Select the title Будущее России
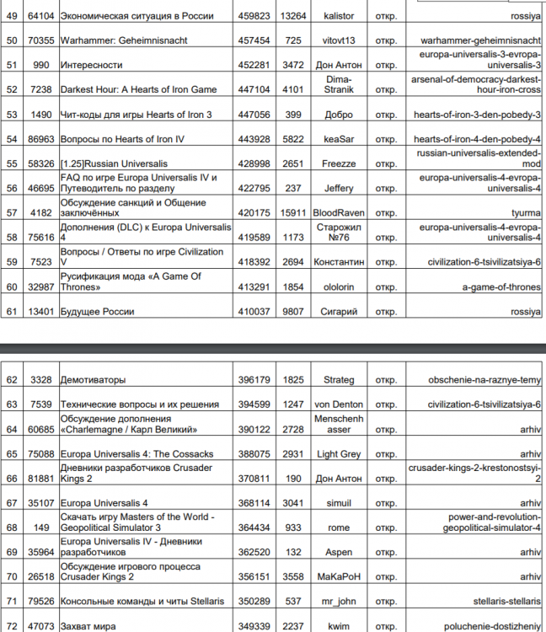pyautogui.click(x=97, y=312)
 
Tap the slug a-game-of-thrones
pyautogui.click(x=501, y=287)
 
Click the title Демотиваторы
pyautogui.click(x=94, y=381)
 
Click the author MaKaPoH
pyautogui.click(x=337, y=577)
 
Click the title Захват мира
pyautogui.click(x=88, y=627)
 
